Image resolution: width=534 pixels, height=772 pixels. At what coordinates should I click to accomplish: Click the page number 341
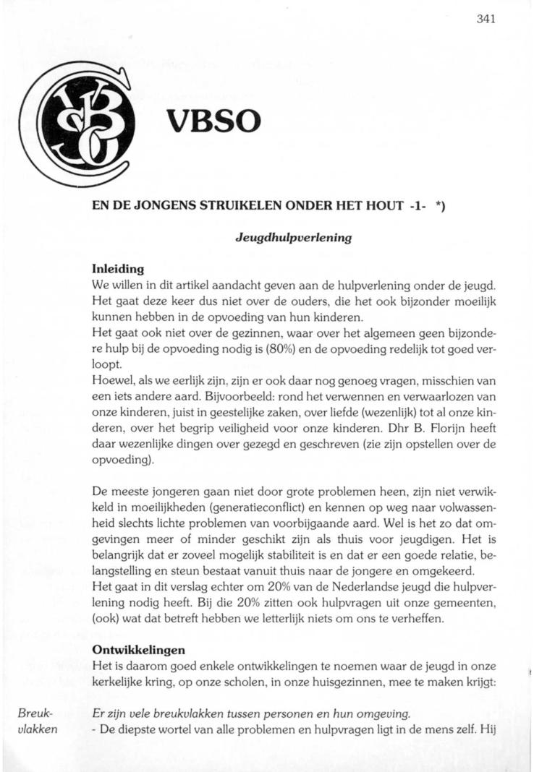486,20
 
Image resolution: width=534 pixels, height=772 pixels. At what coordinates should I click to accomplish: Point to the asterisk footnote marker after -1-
440,205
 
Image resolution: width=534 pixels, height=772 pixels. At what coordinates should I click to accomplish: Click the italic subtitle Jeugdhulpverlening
294,237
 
